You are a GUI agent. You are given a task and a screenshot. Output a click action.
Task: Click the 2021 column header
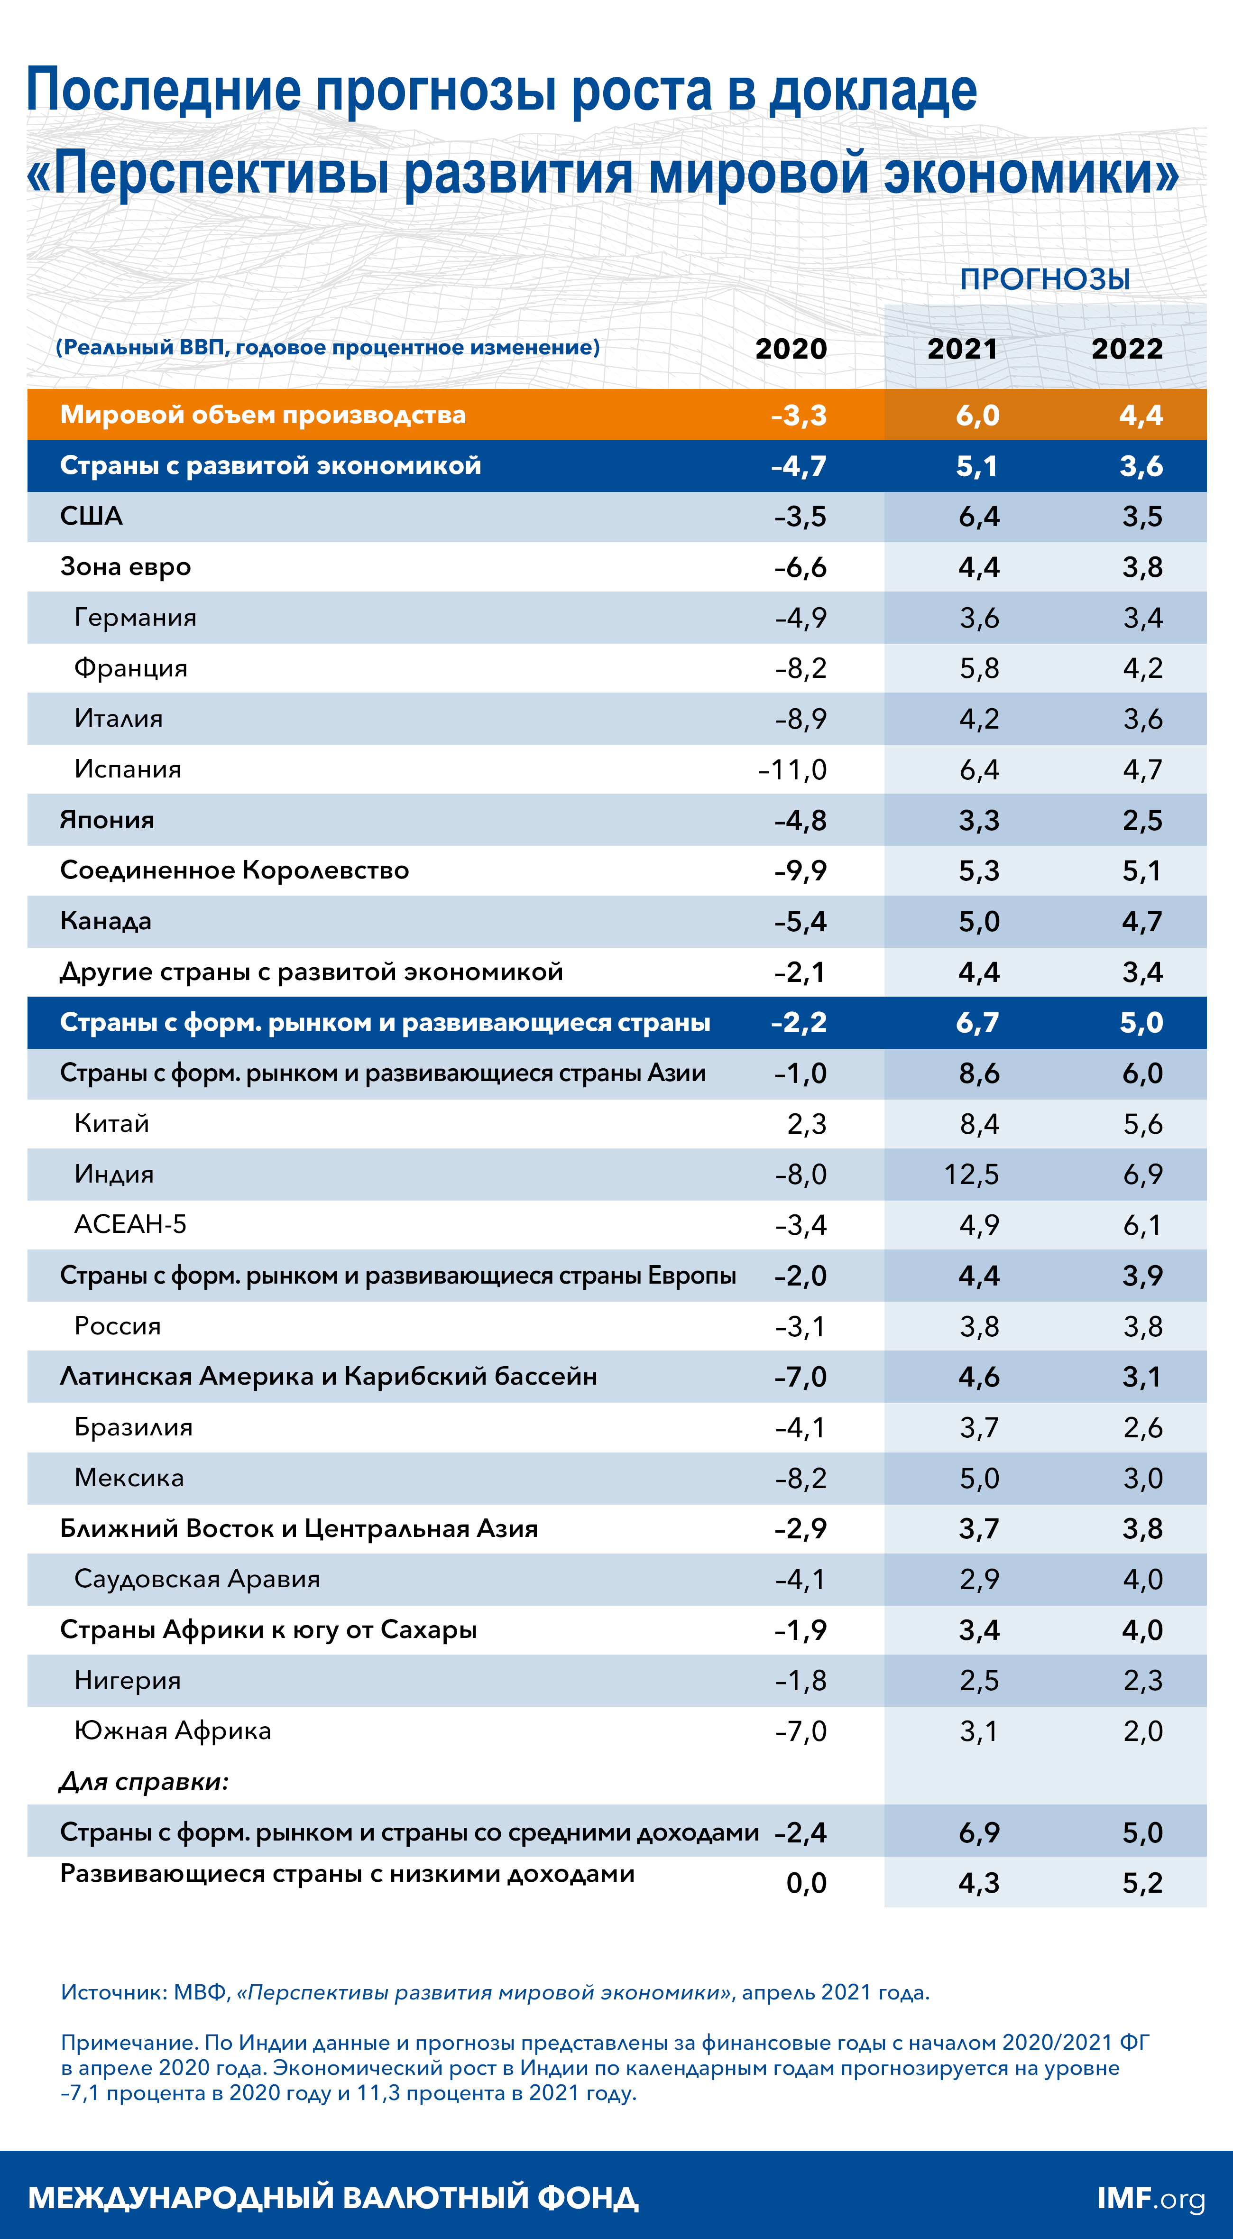click(962, 349)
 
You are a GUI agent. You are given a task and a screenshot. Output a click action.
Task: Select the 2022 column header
click(1127, 349)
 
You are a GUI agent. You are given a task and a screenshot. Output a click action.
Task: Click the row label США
click(91, 516)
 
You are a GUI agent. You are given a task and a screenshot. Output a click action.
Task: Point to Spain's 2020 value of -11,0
click(792, 769)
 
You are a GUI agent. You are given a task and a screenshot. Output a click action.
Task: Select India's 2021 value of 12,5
click(971, 1174)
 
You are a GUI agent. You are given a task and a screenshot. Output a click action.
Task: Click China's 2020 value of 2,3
click(806, 1124)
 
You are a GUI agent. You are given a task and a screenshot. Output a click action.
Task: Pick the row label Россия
click(117, 1326)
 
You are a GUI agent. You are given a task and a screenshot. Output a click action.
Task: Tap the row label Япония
click(107, 820)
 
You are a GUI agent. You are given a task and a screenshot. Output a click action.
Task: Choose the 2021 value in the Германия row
click(979, 618)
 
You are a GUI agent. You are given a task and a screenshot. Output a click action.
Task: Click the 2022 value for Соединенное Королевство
click(1142, 871)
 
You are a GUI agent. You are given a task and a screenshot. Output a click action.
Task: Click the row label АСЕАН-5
click(130, 1225)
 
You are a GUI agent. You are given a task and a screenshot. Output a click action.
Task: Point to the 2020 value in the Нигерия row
click(801, 1680)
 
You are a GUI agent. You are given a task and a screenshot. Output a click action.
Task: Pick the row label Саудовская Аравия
click(197, 1579)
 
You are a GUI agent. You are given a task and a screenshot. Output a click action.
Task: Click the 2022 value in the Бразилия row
click(1142, 1427)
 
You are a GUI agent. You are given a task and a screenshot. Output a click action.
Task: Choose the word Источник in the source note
click(112, 1992)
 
